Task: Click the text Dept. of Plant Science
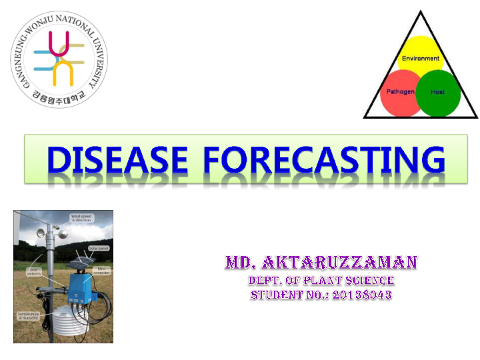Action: (x=321, y=281)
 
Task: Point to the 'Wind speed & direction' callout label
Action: (x=83, y=219)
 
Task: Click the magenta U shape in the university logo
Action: (x=63, y=43)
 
